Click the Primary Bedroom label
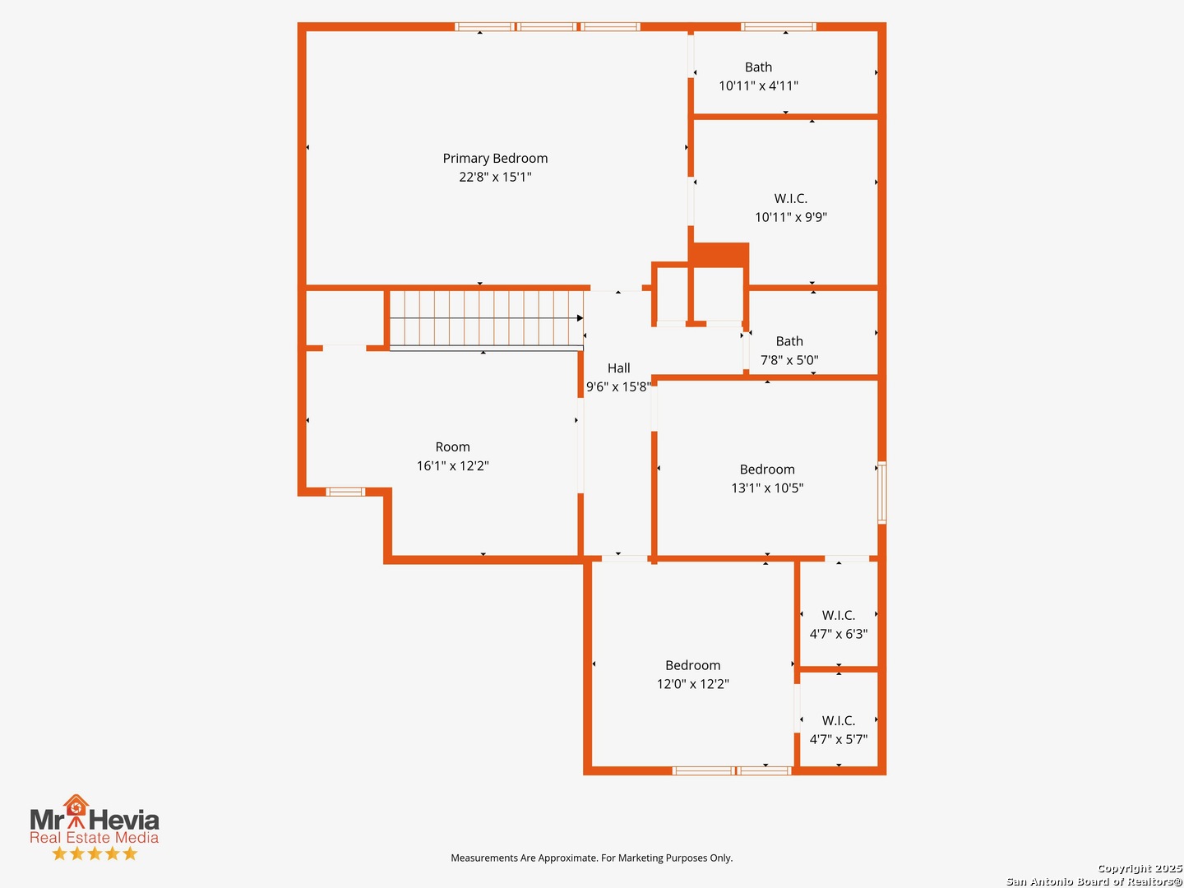495,158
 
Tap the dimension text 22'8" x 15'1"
495,177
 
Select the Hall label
618,368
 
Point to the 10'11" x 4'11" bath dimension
758,86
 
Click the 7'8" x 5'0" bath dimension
789,359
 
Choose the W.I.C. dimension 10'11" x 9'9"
791,217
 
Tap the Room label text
452,446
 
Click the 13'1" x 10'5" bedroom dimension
767,488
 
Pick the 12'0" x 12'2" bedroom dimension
692,683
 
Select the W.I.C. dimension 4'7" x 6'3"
838,634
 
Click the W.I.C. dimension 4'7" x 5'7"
838,739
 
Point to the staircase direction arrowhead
580,318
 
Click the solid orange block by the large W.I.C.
719,255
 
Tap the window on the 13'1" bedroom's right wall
882,493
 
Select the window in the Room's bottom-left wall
345,492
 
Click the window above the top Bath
778,27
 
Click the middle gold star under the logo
95,853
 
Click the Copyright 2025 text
1140,868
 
